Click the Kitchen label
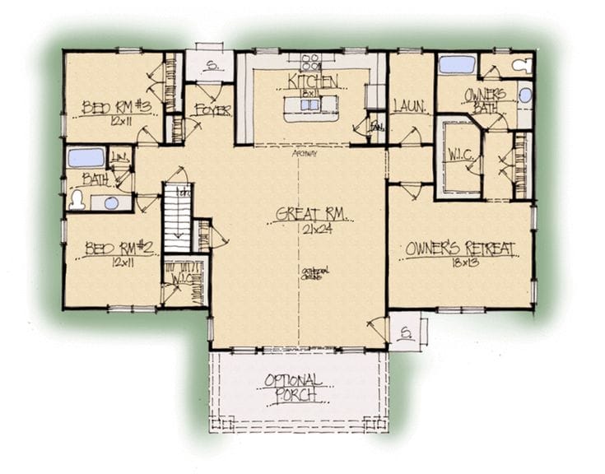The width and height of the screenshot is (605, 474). [313, 81]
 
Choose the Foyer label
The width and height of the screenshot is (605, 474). [212, 109]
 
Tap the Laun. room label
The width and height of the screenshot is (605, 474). [408, 105]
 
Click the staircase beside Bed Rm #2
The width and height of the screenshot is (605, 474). [177, 218]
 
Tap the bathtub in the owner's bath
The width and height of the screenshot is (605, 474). [457, 64]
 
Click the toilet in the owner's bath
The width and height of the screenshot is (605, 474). [522, 65]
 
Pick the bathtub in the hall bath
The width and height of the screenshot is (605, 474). [86, 157]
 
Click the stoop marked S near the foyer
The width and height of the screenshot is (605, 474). [210, 67]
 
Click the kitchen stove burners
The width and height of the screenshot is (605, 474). [311, 60]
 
